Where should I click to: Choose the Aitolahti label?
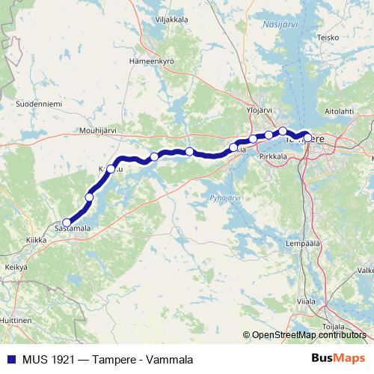339,111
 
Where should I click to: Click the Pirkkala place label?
271,158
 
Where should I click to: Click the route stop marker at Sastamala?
67,222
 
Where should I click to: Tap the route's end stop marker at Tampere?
307,138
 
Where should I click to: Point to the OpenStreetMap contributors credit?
308,335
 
